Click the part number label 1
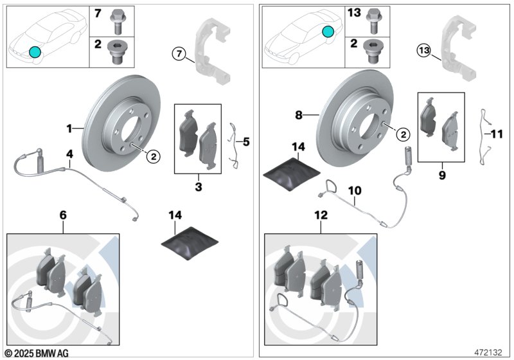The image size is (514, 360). (69, 129)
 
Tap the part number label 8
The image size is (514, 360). (298, 115)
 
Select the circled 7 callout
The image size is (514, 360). (179, 53)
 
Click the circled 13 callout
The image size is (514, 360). (424, 51)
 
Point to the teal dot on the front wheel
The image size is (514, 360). (35, 52)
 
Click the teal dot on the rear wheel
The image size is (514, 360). (328, 32)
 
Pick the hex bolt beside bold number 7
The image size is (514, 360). (117, 22)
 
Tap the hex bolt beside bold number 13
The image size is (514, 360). (373, 21)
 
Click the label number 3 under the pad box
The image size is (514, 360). (199, 187)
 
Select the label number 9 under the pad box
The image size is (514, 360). (442, 175)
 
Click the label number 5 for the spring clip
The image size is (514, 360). (246, 141)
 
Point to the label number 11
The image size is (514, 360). (497, 134)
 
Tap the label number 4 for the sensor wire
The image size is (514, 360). (69, 154)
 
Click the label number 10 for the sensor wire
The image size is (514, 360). (355, 190)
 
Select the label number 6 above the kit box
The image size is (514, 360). (63, 215)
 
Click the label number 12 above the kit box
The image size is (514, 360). (321, 215)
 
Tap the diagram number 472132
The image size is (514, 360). (488, 352)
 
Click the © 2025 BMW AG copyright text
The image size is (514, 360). (37, 353)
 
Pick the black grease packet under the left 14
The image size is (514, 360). (190, 243)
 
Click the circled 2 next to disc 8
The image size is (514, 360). (403, 134)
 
